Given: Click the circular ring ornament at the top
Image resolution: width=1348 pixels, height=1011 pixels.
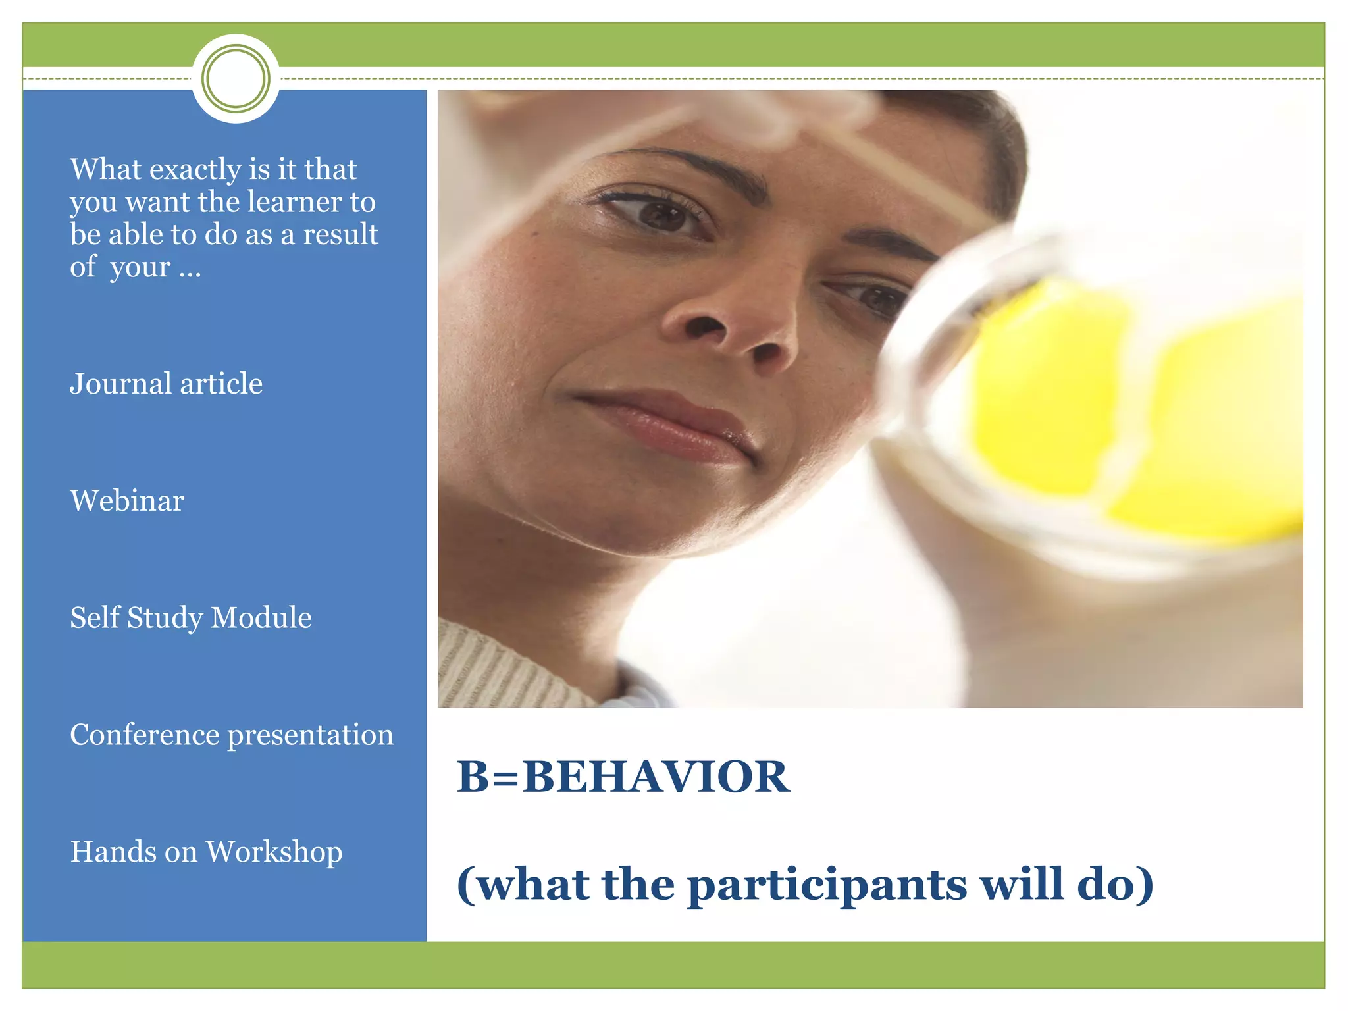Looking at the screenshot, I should tap(236, 78).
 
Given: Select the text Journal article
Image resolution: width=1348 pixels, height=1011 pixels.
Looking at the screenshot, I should tap(166, 384).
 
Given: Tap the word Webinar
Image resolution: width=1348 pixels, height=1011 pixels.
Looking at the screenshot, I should tap(127, 501).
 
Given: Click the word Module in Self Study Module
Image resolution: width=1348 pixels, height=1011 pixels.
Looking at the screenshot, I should tap(261, 617).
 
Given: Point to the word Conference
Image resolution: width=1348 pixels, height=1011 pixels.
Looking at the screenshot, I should tap(144, 735).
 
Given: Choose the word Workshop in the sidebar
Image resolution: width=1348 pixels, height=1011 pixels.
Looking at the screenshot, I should tap(274, 852).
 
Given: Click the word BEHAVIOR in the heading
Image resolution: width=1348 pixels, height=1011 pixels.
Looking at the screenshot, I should tap(656, 777).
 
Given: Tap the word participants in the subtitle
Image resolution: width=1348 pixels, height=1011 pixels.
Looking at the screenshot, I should tap(827, 884).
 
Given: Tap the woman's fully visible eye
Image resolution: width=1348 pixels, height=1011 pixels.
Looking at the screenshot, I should tap(661, 214).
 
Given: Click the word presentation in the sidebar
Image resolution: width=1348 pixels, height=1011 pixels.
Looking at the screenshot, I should tap(310, 735).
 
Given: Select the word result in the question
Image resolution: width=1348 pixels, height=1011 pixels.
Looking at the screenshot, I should tap(340, 234).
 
